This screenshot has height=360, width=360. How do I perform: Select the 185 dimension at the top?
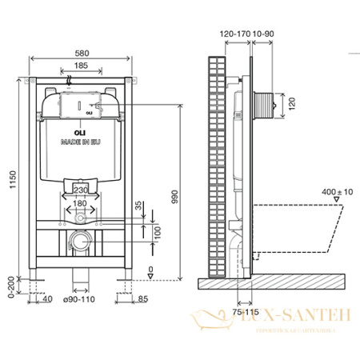click(x=77, y=64)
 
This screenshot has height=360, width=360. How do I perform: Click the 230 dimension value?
click(x=81, y=188)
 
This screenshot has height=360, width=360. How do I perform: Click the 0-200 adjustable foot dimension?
click(x=10, y=286)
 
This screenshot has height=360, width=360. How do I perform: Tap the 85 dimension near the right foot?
click(x=142, y=299)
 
